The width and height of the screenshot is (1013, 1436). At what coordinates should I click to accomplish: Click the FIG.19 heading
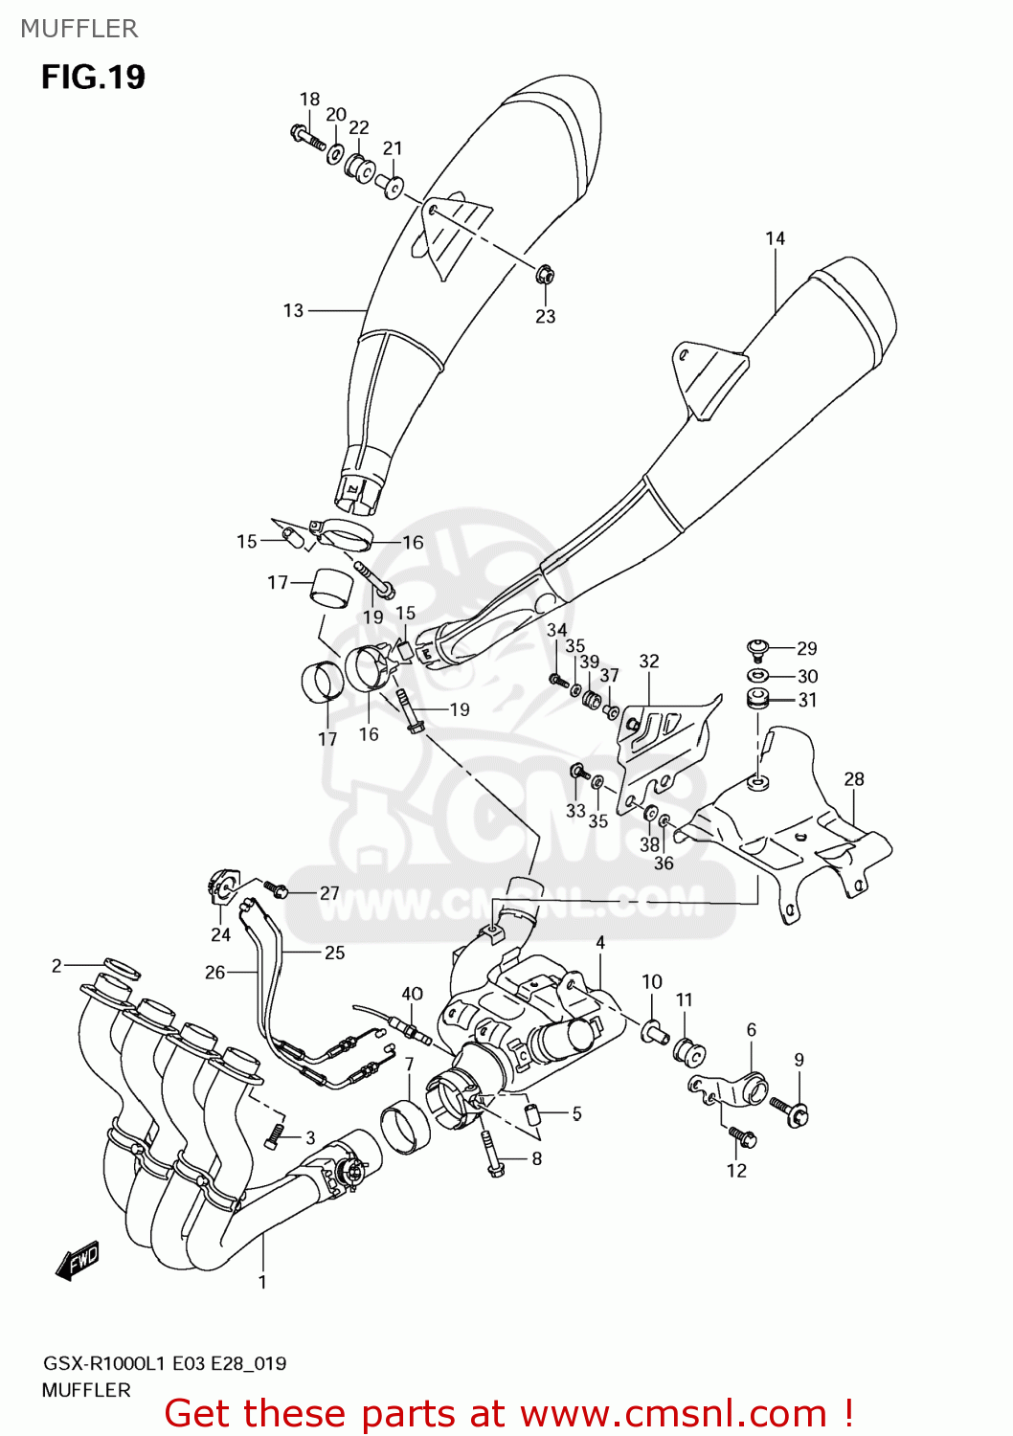click(x=93, y=77)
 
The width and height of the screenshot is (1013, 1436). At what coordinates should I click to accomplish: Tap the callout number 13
click(x=293, y=310)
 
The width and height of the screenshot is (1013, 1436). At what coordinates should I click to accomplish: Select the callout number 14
click(x=775, y=238)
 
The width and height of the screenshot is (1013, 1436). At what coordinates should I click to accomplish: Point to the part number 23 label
click(x=545, y=317)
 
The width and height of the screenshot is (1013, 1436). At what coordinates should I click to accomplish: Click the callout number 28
click(x=854, y=779)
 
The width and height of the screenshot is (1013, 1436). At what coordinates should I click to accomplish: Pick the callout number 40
click(x=412, y=994)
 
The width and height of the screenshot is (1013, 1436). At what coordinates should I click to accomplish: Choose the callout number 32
click(x=649, y=662)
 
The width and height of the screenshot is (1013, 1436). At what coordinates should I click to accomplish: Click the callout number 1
click(x=262, y=1282)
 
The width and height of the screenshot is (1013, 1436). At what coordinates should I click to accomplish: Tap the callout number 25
click(x=334, y=953)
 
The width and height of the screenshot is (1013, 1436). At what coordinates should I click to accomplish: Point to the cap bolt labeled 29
click(x=757, y=649)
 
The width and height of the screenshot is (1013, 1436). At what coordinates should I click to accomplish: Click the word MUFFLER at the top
click(x=79, y=29)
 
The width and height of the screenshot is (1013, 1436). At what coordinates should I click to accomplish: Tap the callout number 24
click(x=220, y=935)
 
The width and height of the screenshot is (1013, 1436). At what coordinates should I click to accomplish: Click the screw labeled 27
click(x=277, y=890)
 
